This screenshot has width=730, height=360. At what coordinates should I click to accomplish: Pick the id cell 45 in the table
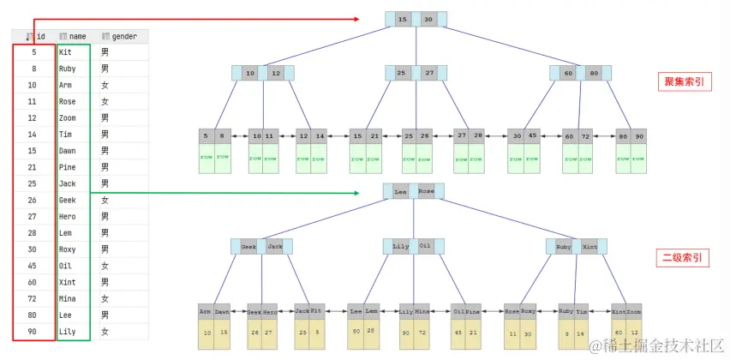[32, 266]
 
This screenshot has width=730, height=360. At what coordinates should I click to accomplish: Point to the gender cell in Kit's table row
[105, 52]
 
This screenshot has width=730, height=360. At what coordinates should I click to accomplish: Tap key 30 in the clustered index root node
[428, 20]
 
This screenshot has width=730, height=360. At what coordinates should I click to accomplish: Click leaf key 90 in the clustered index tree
[639, 135]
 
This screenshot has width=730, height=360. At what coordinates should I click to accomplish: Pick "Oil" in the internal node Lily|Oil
[426, 246]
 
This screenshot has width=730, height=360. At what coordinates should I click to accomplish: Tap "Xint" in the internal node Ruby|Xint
[589, 246]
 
